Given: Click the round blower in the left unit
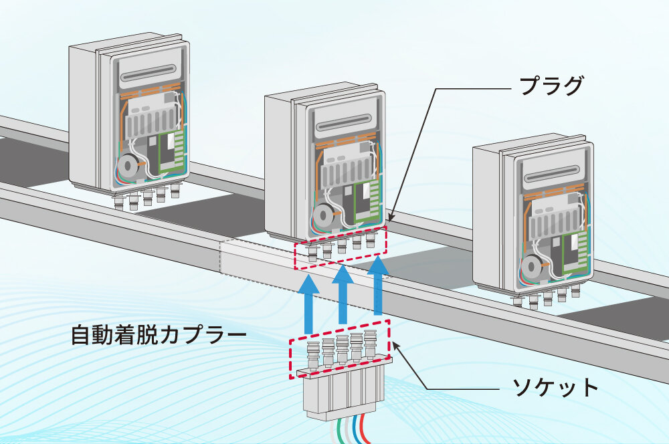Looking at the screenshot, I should [x=126, y=166].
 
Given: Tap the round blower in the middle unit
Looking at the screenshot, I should [x=324, y=215].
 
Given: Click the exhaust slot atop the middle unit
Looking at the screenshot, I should [x=347, y=124].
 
